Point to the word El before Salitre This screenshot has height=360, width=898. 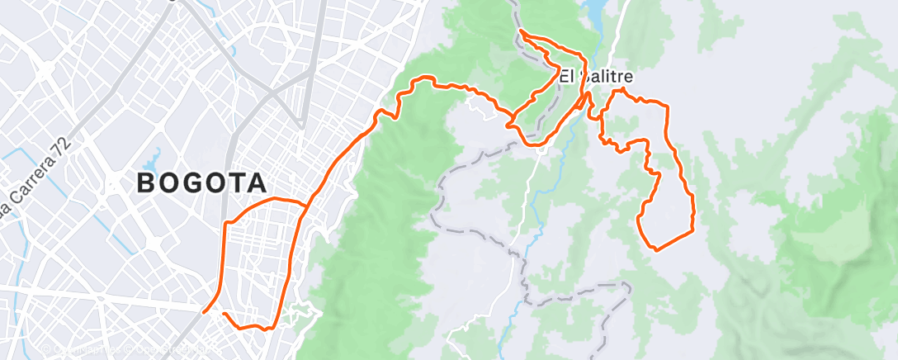tap(567, 76)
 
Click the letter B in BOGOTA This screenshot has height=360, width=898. tap(146, 183)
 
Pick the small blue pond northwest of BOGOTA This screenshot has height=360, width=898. tap(153, 160)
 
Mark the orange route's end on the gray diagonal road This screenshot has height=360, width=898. tap(203, 312)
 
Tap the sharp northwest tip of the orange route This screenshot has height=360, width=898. tap(521, 31)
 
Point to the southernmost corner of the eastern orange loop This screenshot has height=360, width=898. tap(655, 249)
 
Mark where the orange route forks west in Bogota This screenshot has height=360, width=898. tap(308, 203)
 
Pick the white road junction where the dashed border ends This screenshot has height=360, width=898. tap(539, 149)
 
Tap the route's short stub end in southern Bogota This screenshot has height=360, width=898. tap(224, 313)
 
